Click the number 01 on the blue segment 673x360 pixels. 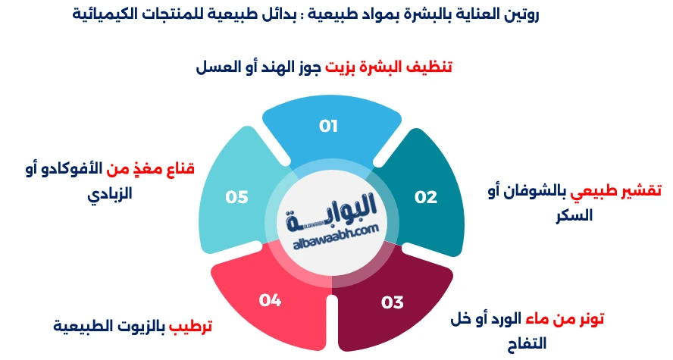point(328,126)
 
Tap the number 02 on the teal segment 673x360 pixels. point(426,197)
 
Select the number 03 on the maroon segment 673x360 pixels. point(393,302)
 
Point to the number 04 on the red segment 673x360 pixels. point(270,300)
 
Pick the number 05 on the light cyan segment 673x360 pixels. point(237,197)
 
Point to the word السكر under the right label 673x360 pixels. point(574,215)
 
